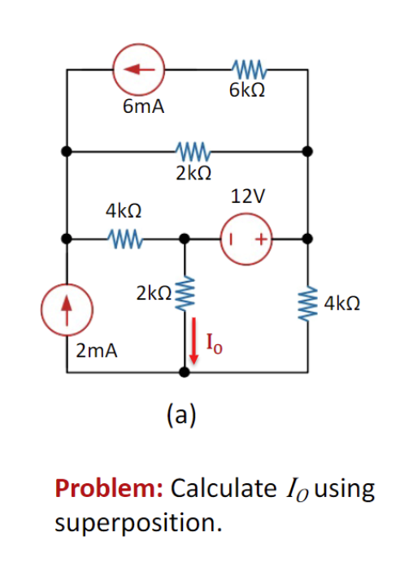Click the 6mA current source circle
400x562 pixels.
coord(139,69)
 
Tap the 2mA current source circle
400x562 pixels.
coord(67,309)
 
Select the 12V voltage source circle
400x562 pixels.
coord(247,239)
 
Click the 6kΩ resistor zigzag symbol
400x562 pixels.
coord(249,69)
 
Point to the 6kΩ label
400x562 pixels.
coord(247,90)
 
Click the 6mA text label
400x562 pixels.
coord(144,106)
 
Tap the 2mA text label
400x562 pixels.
coord(97,351)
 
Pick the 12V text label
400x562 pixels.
coord(248,197)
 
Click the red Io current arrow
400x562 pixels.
coord(193,340)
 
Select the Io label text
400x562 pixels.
coord(214,344)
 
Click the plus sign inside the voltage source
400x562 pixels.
coord(262,239)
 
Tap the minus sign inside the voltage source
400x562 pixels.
coord(232,239)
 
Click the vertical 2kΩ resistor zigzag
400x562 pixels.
coord(185,293)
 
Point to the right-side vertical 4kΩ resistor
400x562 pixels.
coord(307,304)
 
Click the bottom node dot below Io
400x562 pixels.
coord(185,373)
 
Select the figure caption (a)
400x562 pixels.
coord(182,415)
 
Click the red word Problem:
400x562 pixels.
coord(110,488)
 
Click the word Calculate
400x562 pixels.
coord(224,488)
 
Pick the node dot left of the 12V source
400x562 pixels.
coord(185,239)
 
